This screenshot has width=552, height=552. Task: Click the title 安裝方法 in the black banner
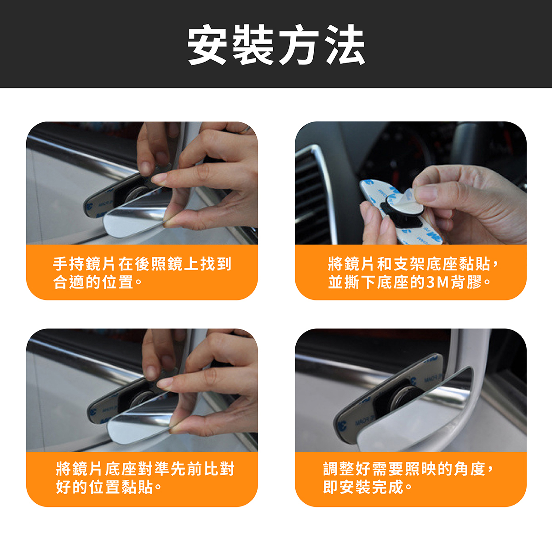(x=276, y=45)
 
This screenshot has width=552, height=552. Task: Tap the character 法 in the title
(x=345, y=45)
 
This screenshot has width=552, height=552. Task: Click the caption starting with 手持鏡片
(x=142, y=273)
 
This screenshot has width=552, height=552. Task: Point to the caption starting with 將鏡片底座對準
(x=145, y=478)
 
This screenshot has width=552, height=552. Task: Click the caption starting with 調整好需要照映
(x=408, y=478)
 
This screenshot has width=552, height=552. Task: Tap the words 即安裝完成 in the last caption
(x=363, y=487)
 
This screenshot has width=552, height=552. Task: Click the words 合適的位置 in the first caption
(x=93, y=282)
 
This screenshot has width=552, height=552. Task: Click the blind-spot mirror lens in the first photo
(x=135, y=218)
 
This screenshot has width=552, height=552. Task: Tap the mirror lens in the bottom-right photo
(x=413, y=415)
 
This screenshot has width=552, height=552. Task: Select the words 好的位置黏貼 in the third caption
(x=104, y=487)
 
